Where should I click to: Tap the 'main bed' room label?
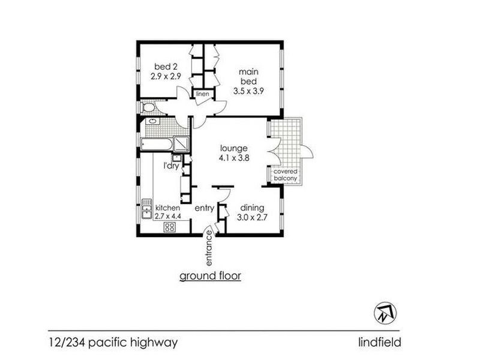coord(251,76)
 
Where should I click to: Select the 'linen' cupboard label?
coord(200,94)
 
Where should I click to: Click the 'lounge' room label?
coord(234,148)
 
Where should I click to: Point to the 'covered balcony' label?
coord(285,175)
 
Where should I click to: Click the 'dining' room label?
coord(251,208)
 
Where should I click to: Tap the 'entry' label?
coord(205,208)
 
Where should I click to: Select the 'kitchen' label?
coord(167,208)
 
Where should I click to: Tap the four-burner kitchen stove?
coord(170,227)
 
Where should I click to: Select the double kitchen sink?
coord(146,209)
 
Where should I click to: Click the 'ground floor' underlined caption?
coord(211,276)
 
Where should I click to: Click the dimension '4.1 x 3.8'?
coord(234,158)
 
